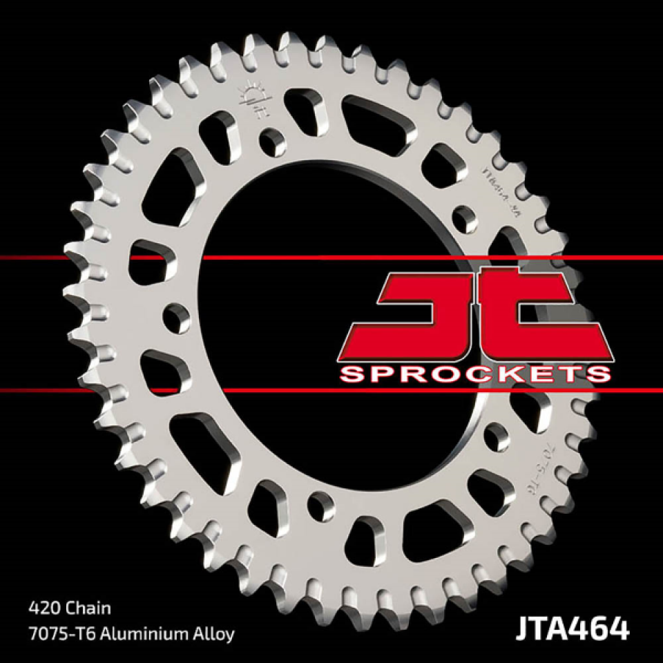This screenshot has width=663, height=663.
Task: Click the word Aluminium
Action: (135, 634)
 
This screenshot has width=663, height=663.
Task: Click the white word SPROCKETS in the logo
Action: (476, 374)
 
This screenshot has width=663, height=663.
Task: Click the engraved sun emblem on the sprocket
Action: (253, 99)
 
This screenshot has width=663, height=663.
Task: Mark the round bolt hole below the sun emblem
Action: (272, 142)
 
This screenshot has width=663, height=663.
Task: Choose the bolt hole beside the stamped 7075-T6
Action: (496, 436)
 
